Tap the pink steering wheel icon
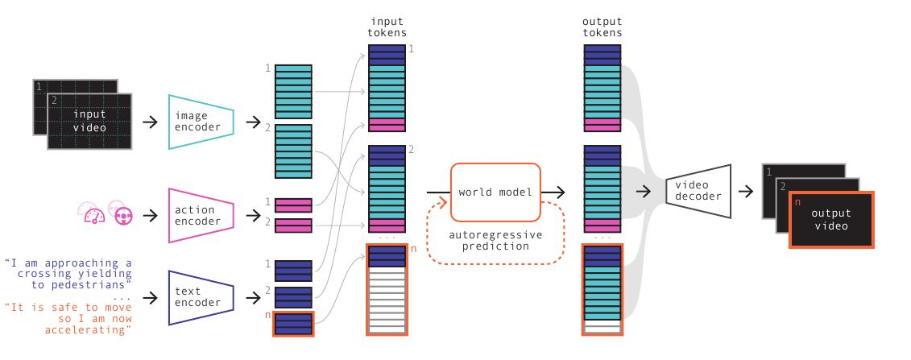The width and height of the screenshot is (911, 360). point(124,216)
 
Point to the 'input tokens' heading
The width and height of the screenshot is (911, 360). point(387,27)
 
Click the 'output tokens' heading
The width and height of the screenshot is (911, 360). point(603,27)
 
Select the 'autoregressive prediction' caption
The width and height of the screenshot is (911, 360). point(495,240)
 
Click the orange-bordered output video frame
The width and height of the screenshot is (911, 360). point(831,220)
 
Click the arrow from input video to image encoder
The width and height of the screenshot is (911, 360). point(150,122)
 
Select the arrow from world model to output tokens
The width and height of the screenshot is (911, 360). point(553,192)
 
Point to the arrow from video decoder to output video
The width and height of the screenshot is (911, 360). point(745,192)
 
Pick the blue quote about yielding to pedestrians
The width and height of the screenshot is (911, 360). point(68,274)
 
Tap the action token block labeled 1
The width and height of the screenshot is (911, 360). point(293,205)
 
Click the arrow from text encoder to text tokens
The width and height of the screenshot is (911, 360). point(253,298)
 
